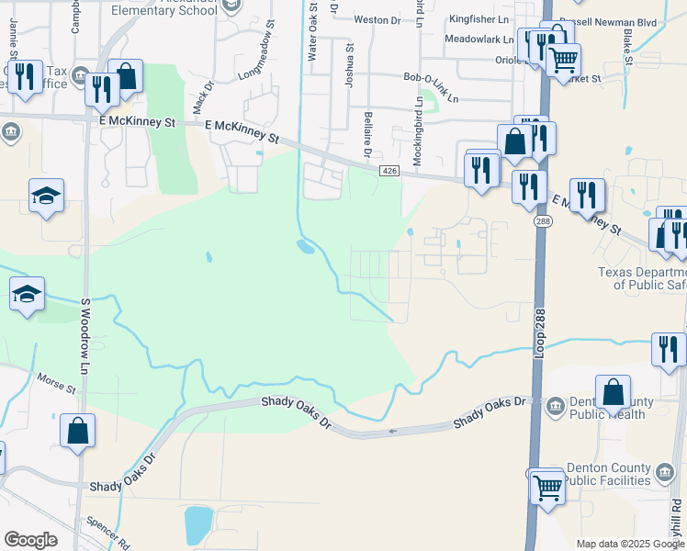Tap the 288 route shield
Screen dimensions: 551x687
tap(542, 222)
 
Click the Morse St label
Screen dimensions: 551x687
tap(56, 382)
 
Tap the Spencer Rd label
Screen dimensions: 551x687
tap(109, 531)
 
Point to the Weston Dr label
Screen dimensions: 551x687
tap(377, 19)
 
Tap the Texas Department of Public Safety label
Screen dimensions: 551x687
tap(641, 278)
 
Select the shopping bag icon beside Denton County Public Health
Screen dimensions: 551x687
tap(613, 393)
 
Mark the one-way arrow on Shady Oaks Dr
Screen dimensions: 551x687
tap(393, 431)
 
